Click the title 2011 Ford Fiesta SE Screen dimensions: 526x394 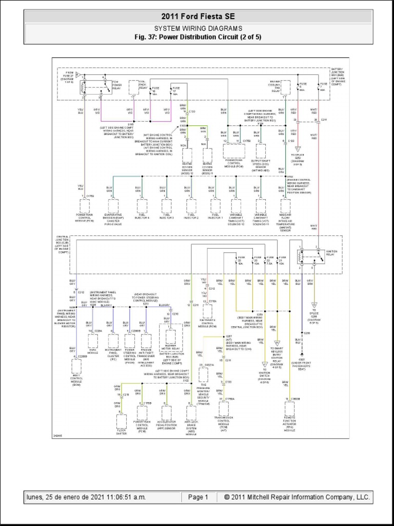(x=197, y=17)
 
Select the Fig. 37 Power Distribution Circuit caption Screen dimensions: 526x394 (x=197, y=37)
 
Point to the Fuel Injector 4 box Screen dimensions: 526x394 (x=142, y=205)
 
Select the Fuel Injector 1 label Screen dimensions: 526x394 (x=215, y=217)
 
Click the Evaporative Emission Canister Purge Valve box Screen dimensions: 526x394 (x=113, y=205)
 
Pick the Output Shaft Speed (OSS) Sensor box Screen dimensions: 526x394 (x=261, y=151)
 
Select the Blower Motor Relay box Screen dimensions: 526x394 (x=170, y=337)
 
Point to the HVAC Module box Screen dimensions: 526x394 (x=93, y=342)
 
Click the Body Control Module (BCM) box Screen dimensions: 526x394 (x=76, y=366)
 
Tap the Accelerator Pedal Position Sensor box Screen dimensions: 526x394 (x=167, y=412)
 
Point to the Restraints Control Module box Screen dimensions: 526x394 (x=208, y=311)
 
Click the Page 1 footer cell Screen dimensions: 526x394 (x=198, y=497)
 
